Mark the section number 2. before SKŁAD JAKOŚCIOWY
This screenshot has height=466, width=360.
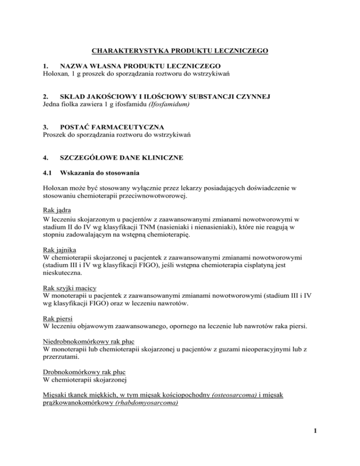point(45,97)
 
